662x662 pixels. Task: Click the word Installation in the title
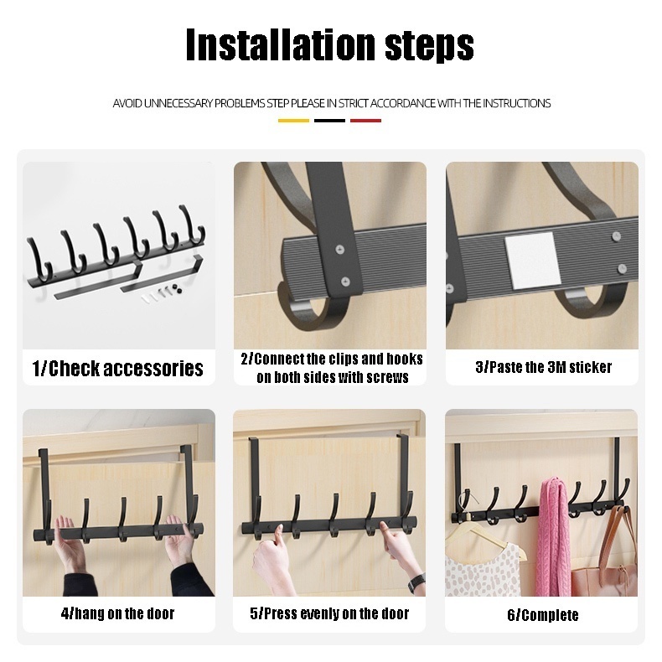coord(282,44)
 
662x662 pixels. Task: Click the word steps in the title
coord(429,46)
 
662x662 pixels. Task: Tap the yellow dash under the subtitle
coord(293,121)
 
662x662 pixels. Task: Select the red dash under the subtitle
coord(365,121)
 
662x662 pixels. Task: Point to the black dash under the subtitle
coord(329,121)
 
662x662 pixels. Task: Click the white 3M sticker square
coord(532,260)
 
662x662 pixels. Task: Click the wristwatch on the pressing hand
coord(416,583)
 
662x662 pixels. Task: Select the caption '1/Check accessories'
coord(118,368)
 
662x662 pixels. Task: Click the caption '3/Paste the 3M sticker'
coord(543,367)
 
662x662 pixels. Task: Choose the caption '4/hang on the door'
coord(118,613)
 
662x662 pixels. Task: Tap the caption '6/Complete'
coord(542,615)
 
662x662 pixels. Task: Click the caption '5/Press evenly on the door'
coord(329,613)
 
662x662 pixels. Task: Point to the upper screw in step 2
coord(340,251)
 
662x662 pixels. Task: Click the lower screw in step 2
coord(345,282)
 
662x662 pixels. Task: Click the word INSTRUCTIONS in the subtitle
coord(516,103)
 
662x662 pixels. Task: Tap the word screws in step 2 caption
coord(388,377)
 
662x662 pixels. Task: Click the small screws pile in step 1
coord(163,293)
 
